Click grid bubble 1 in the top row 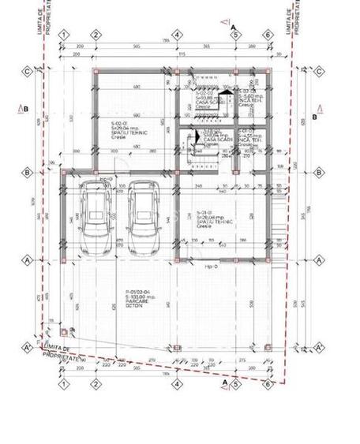pyautogui.click(x=64, y=34)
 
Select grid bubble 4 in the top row pyautogui.click(x=178, y=34)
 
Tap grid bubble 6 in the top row pyautogui.click(x=268, y=34)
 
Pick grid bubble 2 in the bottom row pyautogui.click(x=95, y=384)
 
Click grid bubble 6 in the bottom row pyautogui.click(x=268, y=384)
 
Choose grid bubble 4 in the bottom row pyautogui.click(x=178, y=384)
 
